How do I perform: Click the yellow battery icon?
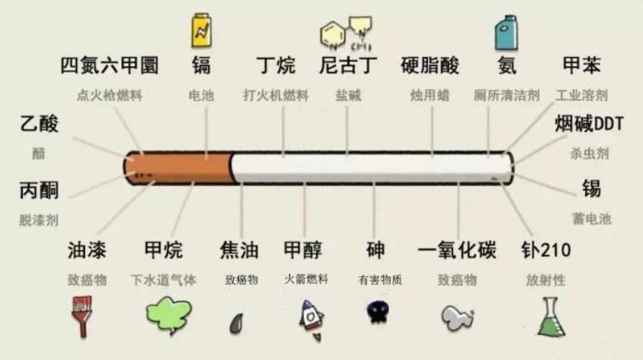(x=201, y=30)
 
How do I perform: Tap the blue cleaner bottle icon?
(x=506, y=33)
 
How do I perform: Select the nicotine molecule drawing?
(x=346, y=33)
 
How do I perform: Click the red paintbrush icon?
(x=82, y=316)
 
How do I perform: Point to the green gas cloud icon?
(x=169, y=315)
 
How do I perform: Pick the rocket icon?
(x=311, y=321)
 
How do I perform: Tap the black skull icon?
(x=378, y=312)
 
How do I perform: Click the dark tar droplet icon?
(x=236, y=323)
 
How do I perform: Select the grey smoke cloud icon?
(x=458, y=317)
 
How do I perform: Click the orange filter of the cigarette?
(x=179, y=168)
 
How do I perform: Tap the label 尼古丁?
(x=348, y=65)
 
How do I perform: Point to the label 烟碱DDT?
(x=589, y=124)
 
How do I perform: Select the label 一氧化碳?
(x=457, y=250)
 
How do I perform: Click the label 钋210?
(x=546, y=250)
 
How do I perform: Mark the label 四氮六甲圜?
(x=109, y=65)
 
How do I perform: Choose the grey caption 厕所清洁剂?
(x=506, y=96)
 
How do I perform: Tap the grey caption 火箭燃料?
(x=306, y=279)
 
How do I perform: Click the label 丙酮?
(x=39, y=191)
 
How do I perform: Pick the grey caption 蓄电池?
(x=592, y=219)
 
